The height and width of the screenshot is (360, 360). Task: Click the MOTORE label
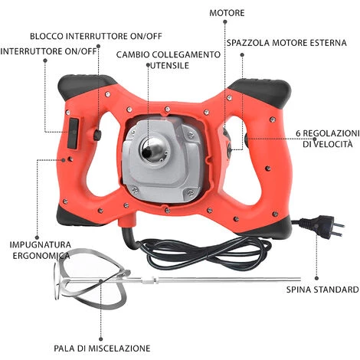(x=227, y=13)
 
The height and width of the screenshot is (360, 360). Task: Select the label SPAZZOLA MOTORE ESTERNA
(x=286, y=43)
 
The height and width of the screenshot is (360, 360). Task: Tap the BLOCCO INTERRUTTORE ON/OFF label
(x=96, y=36)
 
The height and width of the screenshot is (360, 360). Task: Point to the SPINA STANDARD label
(x=322, y=290)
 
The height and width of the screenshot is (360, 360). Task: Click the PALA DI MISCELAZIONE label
(x=102, y=349)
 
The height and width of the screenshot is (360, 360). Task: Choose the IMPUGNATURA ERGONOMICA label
(x=41, y=250)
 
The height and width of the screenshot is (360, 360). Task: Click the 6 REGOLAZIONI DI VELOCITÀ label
(x=328, y=139)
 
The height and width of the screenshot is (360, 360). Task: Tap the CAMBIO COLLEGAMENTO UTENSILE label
(x=169, y=60)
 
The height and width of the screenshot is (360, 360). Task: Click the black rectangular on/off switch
(x=73, y=133)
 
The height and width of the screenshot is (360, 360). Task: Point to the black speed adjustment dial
(x=247, y=140)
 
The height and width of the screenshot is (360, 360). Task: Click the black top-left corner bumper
(x=87, y=85)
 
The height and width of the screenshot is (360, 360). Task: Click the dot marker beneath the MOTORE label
(x=225, y=22)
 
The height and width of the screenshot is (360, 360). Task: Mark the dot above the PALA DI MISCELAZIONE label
(x=101, y=339)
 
